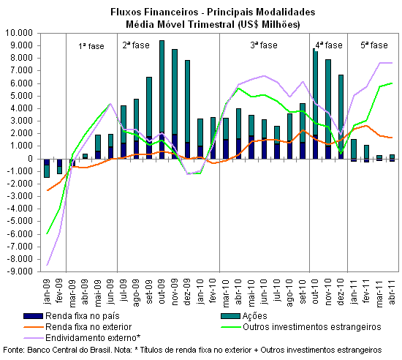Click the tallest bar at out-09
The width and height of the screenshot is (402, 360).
162,100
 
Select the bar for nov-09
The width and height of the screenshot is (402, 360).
175,104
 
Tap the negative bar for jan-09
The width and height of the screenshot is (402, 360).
47,168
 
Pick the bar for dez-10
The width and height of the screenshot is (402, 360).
341,117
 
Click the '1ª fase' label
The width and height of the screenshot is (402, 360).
91,46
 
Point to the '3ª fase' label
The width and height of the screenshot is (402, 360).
264,45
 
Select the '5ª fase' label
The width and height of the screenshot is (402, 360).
374,45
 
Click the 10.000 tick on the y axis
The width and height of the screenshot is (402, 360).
19,33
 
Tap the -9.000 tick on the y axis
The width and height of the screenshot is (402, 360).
19,271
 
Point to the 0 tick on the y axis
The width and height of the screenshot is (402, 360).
31,159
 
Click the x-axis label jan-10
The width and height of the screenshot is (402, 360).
200,292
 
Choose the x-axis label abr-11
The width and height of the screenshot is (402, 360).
392,292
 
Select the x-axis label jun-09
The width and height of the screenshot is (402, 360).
110,292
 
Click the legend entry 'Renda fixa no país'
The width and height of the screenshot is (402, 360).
72,316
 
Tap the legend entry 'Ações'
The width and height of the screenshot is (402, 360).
244,316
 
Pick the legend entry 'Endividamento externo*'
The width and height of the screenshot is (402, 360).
82,337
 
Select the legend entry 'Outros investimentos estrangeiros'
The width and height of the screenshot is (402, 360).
301,327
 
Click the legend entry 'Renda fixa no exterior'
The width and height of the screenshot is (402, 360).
77,327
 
